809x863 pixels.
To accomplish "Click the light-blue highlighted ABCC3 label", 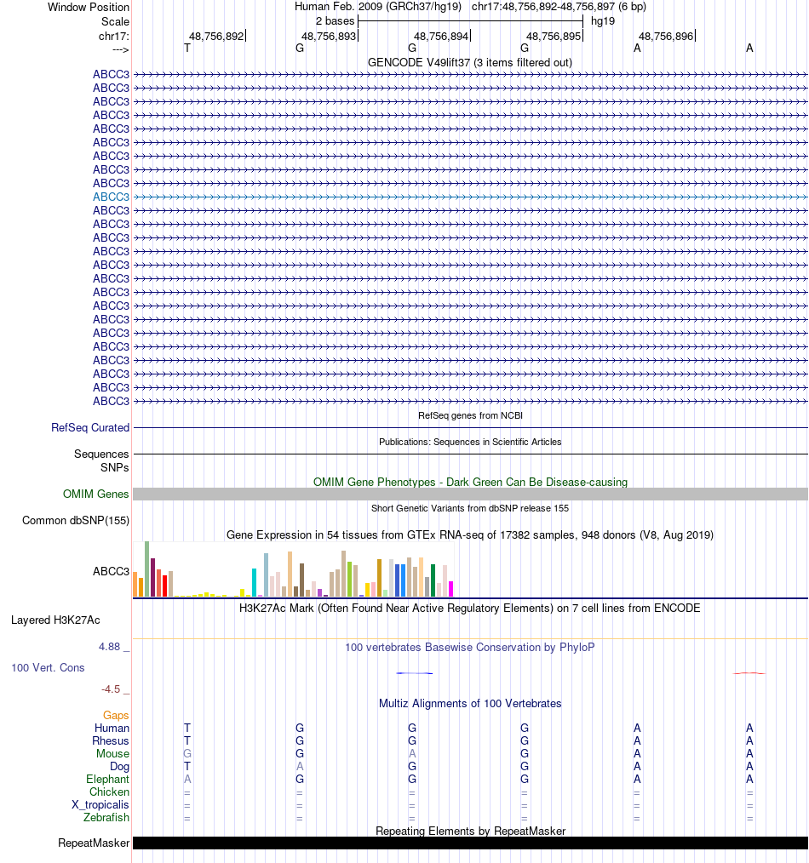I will (x=111, y=197).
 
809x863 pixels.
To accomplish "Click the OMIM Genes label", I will (x=95, y=494).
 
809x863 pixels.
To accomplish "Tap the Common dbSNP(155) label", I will (x=76, y=521).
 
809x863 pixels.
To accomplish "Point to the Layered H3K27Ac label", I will (x=55, y=620).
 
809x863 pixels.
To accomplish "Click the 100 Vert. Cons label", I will (x=48, y=668).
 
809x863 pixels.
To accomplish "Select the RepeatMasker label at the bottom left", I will (x=94, y=843).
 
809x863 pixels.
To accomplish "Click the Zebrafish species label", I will (x=106, y=818).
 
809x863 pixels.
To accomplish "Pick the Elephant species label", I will (x=107, y=780).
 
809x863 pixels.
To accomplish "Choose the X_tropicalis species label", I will (x=100, y=805).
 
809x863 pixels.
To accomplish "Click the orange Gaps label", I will (x=116, y=716).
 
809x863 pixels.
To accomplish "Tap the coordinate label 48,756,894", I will (x=441, y=37).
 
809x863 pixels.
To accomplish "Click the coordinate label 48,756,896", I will (x=666, y=37).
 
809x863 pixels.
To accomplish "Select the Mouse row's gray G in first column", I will (x=187, y=754).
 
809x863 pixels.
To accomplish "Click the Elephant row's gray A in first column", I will (x=187, y=780).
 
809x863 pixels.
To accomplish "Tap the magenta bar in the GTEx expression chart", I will (x=450, y=588).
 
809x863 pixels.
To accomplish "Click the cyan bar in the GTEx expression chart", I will (x=254, y=582).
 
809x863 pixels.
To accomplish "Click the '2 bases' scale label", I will (x=335, y=20).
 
